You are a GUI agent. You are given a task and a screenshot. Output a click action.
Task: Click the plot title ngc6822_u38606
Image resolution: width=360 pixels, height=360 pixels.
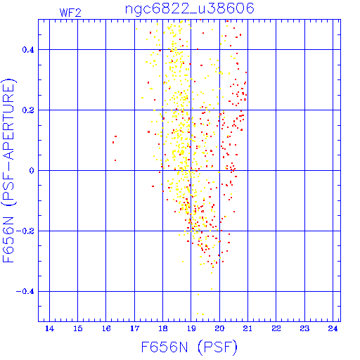pos(190,9)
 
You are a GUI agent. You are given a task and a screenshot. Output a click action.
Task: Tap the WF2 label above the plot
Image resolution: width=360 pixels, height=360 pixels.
pos(70,13)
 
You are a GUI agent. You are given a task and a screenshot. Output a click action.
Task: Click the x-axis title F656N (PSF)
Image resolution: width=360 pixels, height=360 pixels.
pos(189,347)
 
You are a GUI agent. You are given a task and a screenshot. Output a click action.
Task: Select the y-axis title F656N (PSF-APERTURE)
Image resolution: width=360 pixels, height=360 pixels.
pos(8,170)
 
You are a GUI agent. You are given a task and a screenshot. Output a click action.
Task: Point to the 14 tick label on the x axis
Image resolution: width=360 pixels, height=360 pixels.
pos(49,328)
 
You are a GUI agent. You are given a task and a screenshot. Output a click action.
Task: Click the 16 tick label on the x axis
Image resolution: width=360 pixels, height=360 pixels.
pos(106,328)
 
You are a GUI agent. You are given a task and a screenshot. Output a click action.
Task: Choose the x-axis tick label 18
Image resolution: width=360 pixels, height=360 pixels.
pos(163,328)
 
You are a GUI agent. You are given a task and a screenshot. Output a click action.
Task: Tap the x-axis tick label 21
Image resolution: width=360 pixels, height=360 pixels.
pos(247,328)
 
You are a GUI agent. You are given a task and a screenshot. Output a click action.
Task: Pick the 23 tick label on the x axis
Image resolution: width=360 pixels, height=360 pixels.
pos(304,328)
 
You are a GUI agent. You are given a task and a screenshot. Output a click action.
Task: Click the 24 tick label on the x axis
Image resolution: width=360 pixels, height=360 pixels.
pos(333,328)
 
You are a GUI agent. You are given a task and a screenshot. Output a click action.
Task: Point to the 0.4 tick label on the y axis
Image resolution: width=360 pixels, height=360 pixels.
pos(28,50)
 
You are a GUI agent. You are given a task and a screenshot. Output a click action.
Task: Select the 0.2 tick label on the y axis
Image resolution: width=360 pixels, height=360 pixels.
pos(28,110)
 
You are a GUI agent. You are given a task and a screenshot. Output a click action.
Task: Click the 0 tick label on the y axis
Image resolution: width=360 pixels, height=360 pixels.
pos(32,171)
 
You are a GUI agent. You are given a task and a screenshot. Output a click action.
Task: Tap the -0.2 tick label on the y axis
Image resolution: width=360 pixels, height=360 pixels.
pos(25,231)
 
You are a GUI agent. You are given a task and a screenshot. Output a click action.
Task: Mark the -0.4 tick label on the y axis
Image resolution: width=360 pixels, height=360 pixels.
pos(25,292)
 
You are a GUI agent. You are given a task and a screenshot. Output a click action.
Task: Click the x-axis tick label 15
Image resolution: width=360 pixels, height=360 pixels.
pos(78,328)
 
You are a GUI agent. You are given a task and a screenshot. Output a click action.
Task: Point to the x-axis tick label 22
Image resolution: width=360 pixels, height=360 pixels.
pos(276,328)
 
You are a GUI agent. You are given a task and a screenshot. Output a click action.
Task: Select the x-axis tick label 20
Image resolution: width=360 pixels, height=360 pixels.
pos(219,328)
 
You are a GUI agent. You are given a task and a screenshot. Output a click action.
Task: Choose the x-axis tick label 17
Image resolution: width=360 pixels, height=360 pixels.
pos(134,328)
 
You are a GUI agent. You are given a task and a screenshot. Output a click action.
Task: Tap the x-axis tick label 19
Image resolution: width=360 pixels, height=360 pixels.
pos(191,328)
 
